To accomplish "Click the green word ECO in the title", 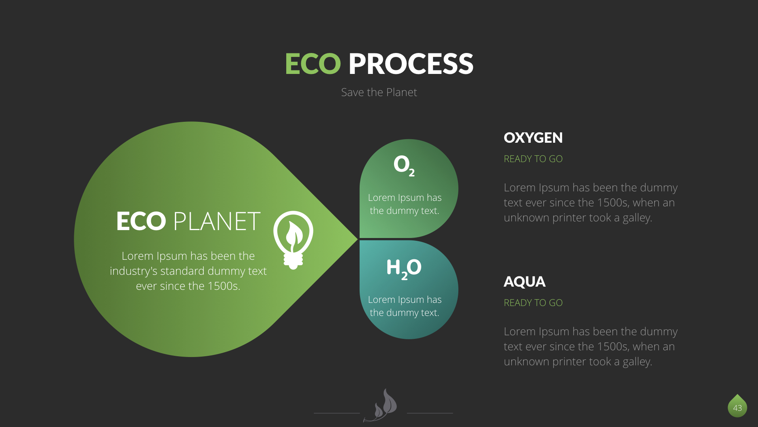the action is tap(313, 64).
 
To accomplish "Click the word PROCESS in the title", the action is tap(411, 64).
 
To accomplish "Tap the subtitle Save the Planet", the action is tap(379, 92).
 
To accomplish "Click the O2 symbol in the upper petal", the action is tap(404, 165).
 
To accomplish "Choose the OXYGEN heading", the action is tap(533, 138).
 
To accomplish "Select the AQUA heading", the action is tap(524, 282).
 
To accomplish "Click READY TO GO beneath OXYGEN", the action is tap(533, 159).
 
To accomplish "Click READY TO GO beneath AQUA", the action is tap(533, 303).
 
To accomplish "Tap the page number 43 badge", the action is tap(737, 406).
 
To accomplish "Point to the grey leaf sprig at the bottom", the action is tap(381, 406).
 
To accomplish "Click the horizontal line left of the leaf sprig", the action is tap(337, 413).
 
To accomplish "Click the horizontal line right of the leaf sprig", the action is tap(430, 413).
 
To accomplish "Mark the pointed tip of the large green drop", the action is tap(358, 239).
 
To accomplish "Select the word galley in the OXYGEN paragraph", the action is tap(637, 218).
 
